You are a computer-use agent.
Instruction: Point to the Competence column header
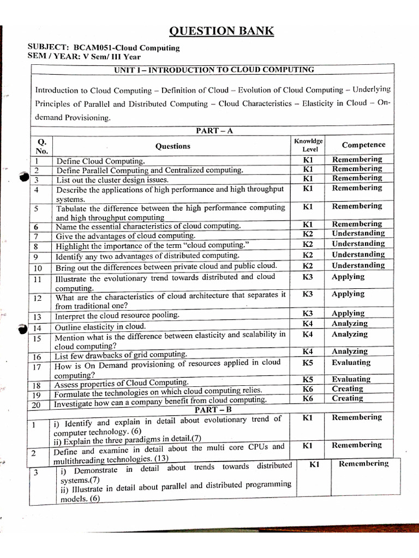pyautogui.click(x=363, y=145)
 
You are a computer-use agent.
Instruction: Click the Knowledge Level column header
pyautogui.click(x=308, y=145)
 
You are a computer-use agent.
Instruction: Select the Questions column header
pyautogui.click(x=173, y=146)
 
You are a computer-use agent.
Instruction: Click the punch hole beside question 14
pyautogui.click(x=22, y=328)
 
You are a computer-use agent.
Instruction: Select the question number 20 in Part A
pyautogui.click(x=37, y=404)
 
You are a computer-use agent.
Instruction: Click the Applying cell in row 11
pyautogui.click(x=348, y=277)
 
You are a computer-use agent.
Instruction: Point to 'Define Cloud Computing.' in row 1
pyautogui.click(x=101, y=161)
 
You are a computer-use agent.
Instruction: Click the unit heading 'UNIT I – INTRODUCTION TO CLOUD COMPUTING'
pyautogui.click(x=213, y=70)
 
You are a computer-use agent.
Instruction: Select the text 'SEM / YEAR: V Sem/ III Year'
pyautogui.click(x=84, y=57)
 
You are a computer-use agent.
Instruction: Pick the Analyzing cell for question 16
pyautogui.click(x=349, y=351)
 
